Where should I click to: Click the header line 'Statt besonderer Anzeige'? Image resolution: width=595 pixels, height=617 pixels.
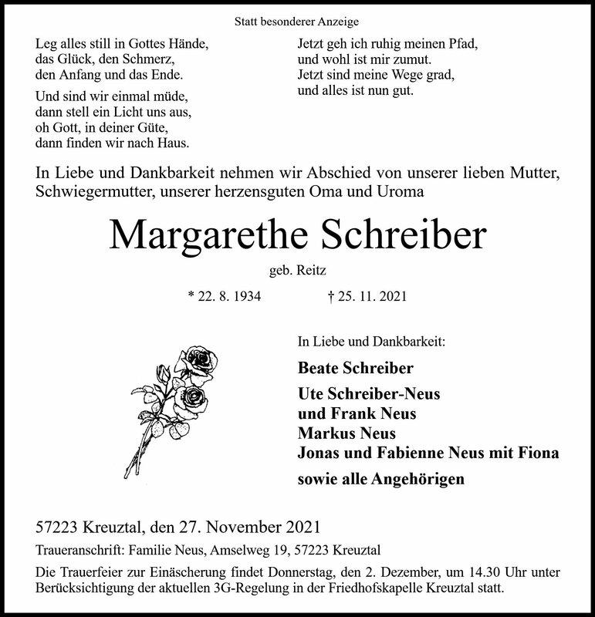(x=297, y=22)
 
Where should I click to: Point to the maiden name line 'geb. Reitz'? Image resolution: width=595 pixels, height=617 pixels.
(x=297, y=268)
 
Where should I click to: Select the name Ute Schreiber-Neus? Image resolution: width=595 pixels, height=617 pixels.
(x=369, y=393)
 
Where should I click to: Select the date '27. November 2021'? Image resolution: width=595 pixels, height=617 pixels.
(x=247, y=528)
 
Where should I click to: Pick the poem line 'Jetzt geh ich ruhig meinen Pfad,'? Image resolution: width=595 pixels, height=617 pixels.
(x=388, y=44)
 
